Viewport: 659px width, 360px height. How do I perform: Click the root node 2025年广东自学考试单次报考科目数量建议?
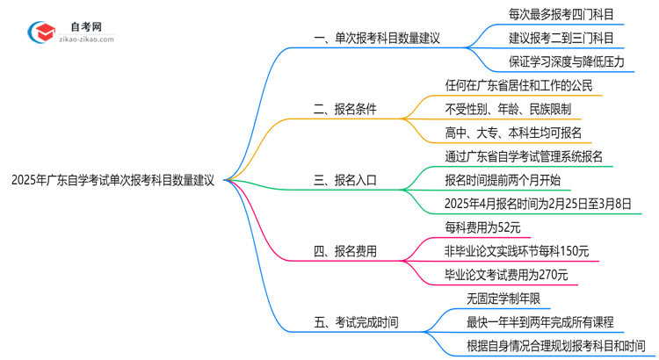[113, 180]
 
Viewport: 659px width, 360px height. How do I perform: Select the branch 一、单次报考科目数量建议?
[375, 39]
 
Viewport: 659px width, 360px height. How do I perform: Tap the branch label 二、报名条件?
[346, 111]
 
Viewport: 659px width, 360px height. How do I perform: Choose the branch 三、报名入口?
[345, 181]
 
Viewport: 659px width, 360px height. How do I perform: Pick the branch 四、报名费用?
[345, 252]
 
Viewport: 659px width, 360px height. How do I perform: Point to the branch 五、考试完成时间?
[356, 322]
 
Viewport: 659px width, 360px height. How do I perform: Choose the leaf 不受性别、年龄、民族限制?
[508, 110]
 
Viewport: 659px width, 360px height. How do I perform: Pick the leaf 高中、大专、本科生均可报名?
[513, 133]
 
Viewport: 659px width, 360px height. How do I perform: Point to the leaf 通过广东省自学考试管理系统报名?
[530, 157]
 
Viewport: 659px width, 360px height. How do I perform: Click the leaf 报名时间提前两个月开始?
[503, 181]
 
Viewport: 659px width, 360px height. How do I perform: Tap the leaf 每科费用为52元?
[483, 228]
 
